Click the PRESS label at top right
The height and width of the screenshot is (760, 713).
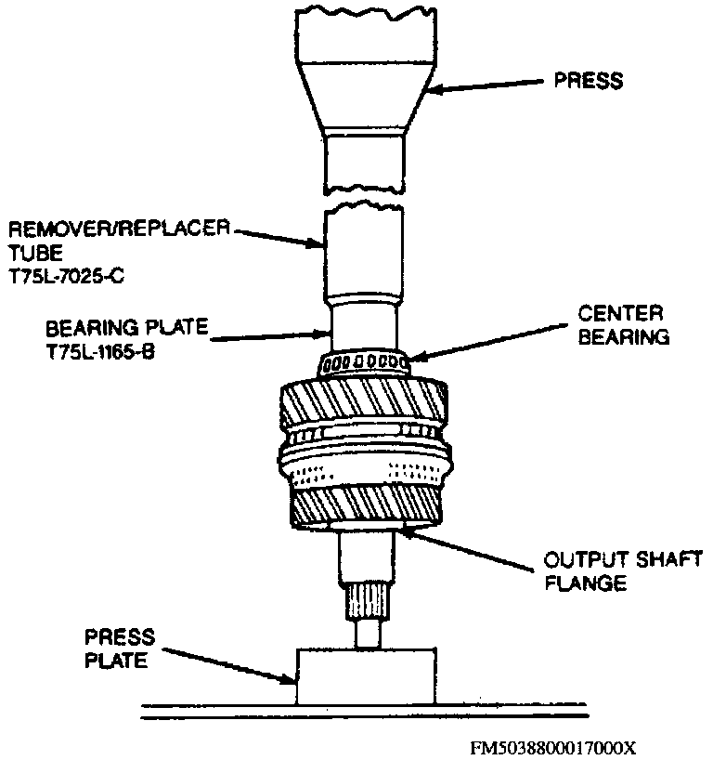click(589, 81)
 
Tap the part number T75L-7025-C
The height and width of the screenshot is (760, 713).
click(66, 276)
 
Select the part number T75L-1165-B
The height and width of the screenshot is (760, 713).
click(100, 352)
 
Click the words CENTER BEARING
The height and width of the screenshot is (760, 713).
click(623, 325)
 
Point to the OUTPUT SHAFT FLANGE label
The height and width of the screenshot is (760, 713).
click(623, 571)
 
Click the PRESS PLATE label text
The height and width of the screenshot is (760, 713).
click(120, 649)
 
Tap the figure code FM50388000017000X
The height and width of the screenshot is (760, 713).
click(552, 747)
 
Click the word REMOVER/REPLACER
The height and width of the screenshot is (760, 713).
click(119, 229)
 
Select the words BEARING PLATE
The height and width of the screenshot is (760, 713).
click(127, 328)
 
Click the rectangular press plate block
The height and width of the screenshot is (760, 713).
click(366, 676)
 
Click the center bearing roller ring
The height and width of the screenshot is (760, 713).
click(364, 363)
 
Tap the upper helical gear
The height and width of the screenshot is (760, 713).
click(363, 402)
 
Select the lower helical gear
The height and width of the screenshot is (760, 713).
click(366, 506)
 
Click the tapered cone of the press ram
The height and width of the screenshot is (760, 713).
click(366, 97)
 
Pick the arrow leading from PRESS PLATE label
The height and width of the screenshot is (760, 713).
click(228, 665)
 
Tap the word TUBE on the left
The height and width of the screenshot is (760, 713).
click(36, 253)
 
